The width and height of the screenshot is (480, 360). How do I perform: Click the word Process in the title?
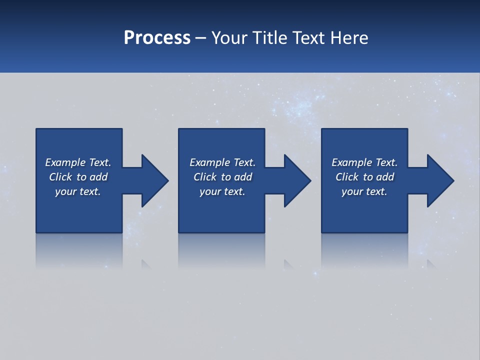pos(157,38)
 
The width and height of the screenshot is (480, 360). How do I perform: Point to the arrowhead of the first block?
pos(154,180)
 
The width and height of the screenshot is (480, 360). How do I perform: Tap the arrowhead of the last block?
pos(440,180)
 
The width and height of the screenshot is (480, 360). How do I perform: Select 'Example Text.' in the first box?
pos(78,162)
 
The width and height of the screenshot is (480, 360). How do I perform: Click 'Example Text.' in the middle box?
pos(222,162)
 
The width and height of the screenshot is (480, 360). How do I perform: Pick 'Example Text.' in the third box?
pos(364,162)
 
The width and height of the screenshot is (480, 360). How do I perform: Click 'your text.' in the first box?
pos(78,191)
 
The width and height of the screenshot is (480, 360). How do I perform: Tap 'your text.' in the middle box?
pos(222,191)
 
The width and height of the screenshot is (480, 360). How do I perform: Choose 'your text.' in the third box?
pos(364,191)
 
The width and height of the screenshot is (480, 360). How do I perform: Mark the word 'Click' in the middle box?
pos(205,177)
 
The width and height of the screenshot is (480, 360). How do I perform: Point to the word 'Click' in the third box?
pos(347,177)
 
